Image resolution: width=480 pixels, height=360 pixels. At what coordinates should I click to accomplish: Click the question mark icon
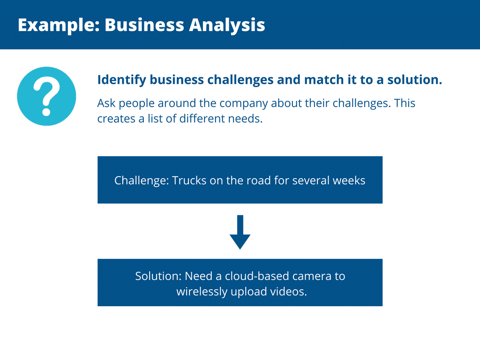click(x=46, y=96)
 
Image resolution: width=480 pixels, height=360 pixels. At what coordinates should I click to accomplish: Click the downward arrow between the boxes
click(x=240, y=232)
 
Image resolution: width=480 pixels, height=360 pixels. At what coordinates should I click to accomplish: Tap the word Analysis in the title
click(x=227, y=25)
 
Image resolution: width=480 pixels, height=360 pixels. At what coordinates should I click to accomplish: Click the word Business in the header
click(x=144, y=25)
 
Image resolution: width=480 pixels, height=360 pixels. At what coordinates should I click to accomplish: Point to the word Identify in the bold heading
click(x=121, y=80)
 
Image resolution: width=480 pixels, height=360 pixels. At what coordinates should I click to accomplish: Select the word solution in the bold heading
click(x=415, y=80)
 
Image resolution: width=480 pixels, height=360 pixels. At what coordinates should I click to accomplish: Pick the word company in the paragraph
click(x=243, y=104)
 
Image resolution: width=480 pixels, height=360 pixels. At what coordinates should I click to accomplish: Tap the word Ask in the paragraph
click(x=106, y=103)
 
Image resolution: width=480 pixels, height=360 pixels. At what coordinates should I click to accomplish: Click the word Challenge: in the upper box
click(x=142, y=180)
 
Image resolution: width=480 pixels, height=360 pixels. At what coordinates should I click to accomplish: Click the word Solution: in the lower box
click(x=158, y=276)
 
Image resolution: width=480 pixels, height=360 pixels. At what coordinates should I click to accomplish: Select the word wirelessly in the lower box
click(x=202, y=292)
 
